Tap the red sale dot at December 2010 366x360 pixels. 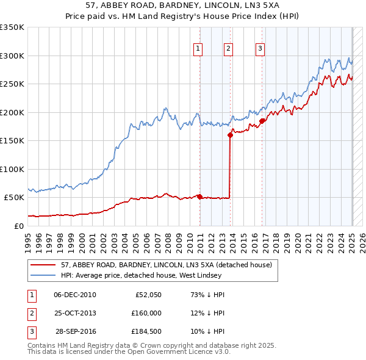tap(200, 196)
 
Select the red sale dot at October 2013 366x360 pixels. tap(230, 135)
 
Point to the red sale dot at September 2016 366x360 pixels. tap(262, 121)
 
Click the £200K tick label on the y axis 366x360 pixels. tap(12, 112)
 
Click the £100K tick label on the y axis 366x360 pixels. tap(12, 169)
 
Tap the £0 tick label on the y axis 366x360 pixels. tap(18, 226)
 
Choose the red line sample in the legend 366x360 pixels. tap(43, 265)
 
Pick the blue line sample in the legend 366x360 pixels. tap(43, 275)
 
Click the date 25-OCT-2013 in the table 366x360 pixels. tap(75, 312)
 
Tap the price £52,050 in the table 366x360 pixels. tap(146, 295)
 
